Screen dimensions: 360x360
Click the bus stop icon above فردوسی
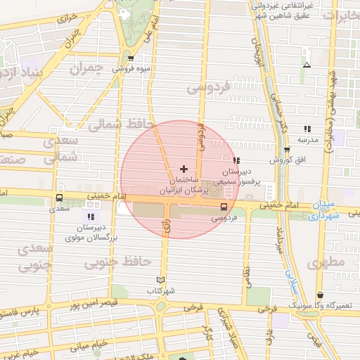click(224, 207)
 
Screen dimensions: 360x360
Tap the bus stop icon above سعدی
click(59, 198)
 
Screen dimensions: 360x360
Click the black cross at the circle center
click(184, 169)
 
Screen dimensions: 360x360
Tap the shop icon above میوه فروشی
click(131, 58)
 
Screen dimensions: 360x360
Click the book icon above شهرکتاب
click(161, 280)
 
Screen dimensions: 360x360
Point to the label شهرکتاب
click(161, 290)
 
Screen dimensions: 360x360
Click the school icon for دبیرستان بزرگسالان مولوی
click(90, 216)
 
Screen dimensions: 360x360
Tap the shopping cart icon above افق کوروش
click(287, 150)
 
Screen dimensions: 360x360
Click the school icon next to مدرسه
click(307, 129)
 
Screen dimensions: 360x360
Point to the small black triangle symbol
click(306, 65)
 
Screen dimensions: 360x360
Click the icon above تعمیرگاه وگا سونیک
click(321, 295)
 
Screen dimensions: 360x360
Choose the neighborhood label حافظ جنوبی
click(118, 262)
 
